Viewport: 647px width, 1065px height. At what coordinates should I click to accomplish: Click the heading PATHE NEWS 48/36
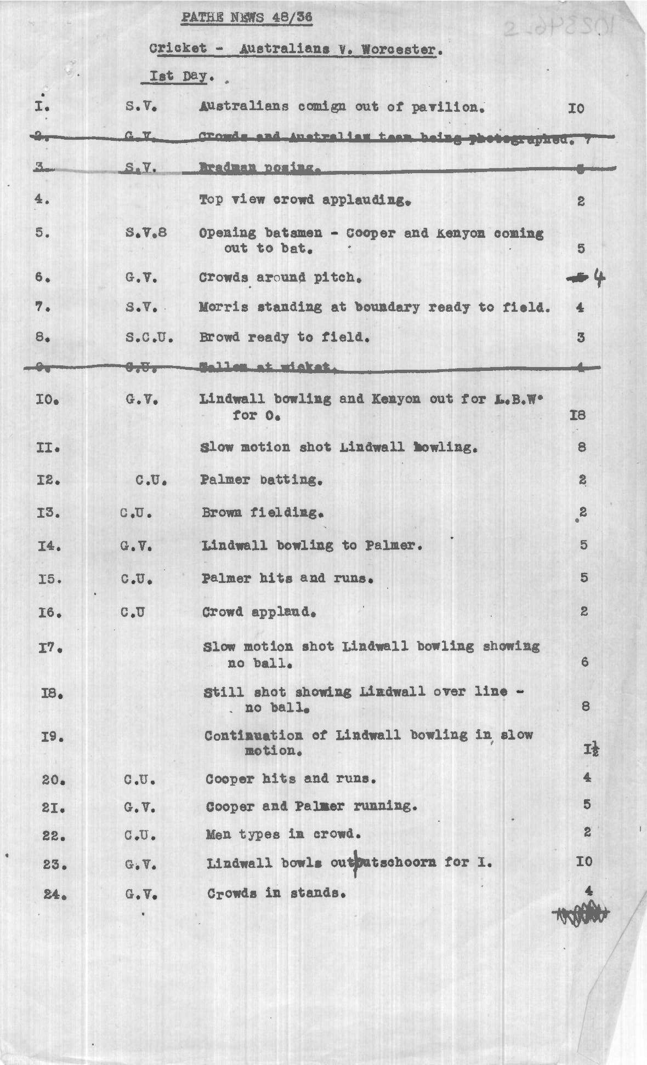[247, 18]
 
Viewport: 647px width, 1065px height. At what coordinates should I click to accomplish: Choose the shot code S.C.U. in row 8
[149, 337]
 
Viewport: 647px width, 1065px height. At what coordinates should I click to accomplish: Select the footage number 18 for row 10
[578, 415]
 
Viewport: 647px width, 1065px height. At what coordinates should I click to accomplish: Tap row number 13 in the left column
[49, 513]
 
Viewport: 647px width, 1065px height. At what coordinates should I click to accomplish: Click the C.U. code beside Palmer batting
[151, 480]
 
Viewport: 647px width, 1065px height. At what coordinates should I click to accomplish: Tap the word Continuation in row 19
[253, 735]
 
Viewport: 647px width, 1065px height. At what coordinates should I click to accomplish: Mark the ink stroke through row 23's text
[356, 863]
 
